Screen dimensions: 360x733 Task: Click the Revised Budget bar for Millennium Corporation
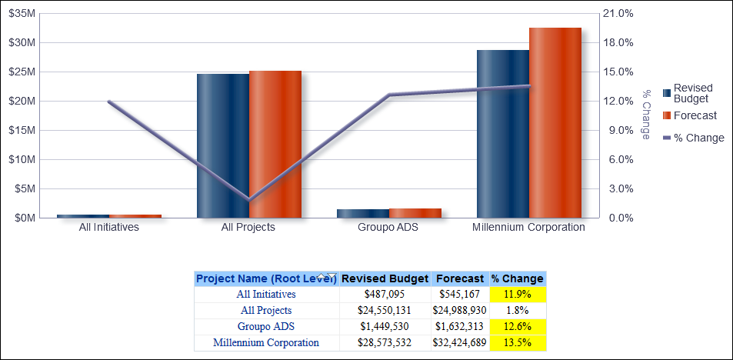pos(502,134)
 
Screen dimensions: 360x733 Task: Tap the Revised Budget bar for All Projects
pos(222,146)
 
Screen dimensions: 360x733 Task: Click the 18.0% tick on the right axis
pos(618,42)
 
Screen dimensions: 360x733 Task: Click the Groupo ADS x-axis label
pos(388,228)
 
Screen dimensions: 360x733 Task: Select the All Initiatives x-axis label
pos(109,228)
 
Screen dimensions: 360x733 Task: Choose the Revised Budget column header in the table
pos(385,278)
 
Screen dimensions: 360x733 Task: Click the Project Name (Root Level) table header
pos(266,278)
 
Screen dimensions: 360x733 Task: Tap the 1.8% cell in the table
pos(518,311)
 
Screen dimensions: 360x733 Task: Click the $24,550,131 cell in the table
pos(385,311)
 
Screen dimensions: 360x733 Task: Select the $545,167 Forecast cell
pos(460,294)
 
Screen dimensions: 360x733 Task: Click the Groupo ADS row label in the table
pos(266,327)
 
